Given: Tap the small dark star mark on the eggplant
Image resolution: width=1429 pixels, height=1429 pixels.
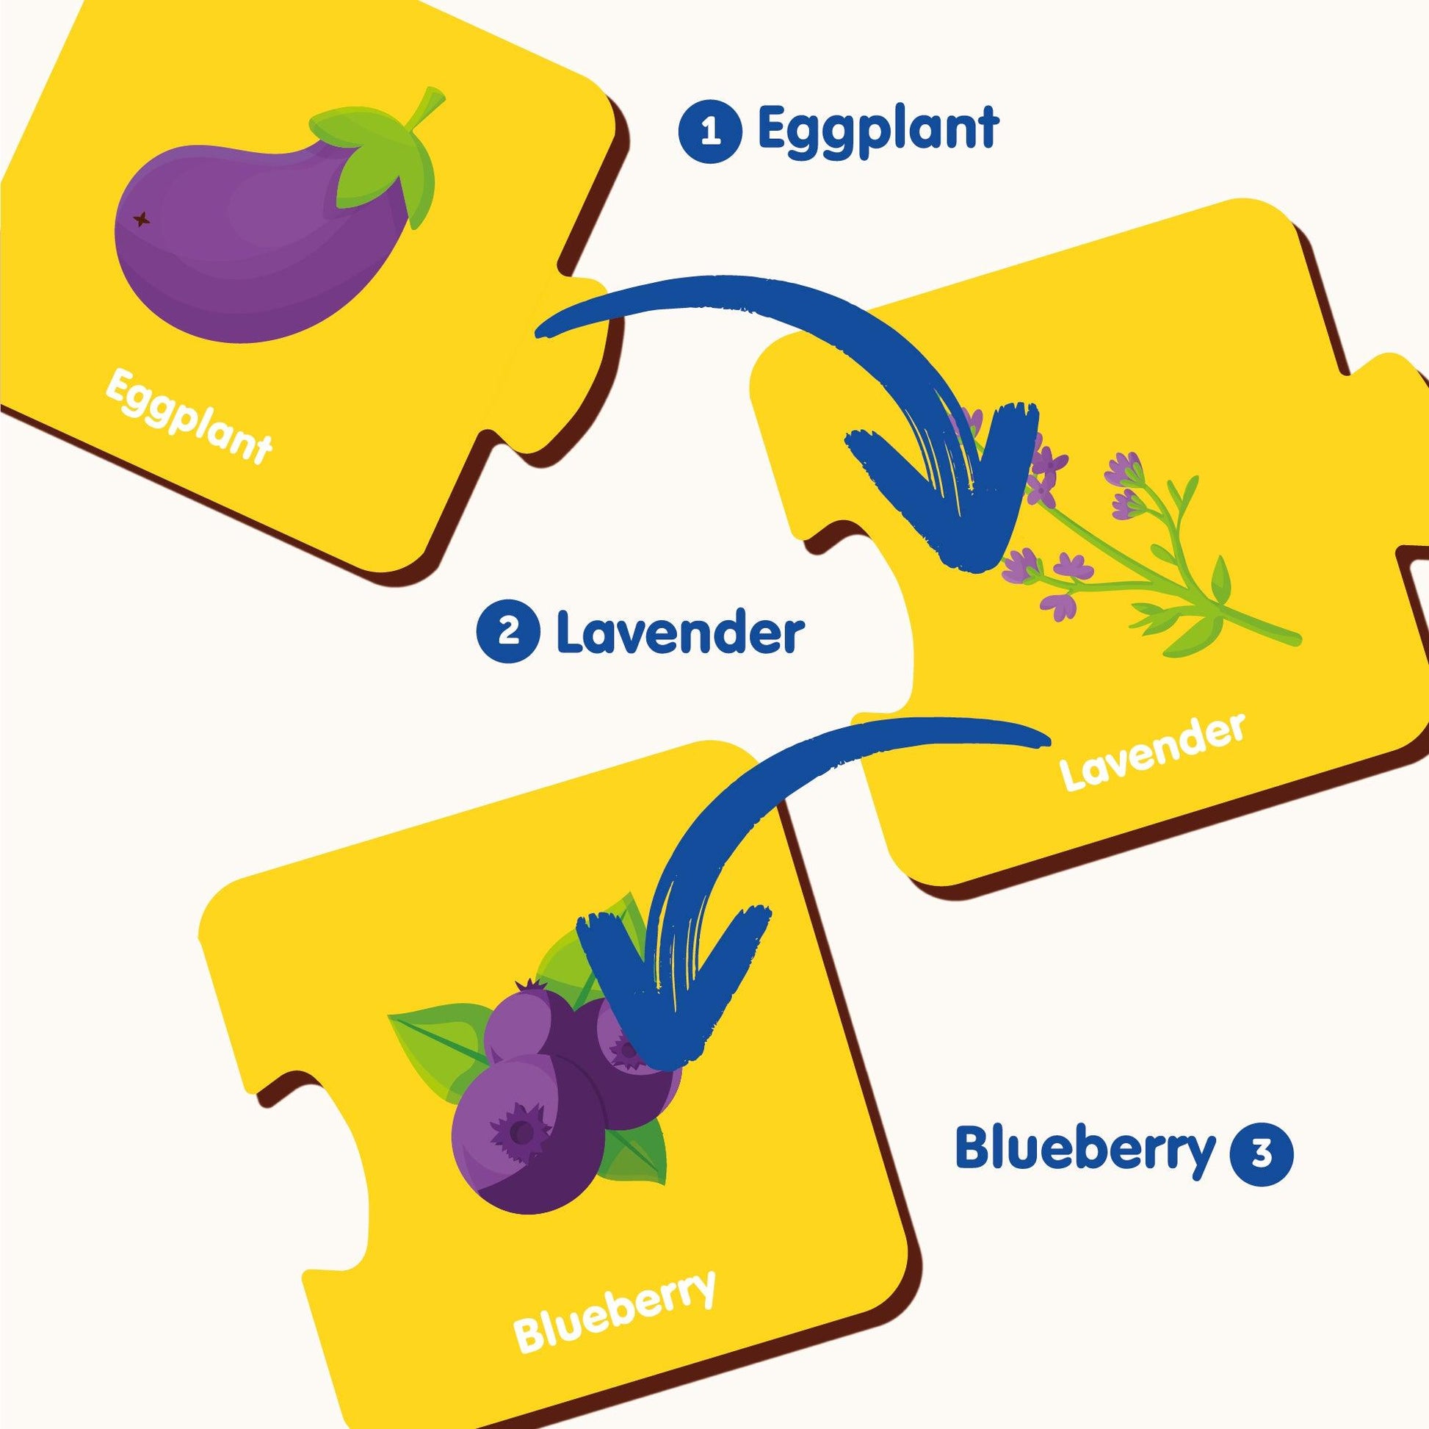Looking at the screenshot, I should pos(140,219).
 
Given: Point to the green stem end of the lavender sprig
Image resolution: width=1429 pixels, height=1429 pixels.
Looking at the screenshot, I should pos(1291,638).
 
